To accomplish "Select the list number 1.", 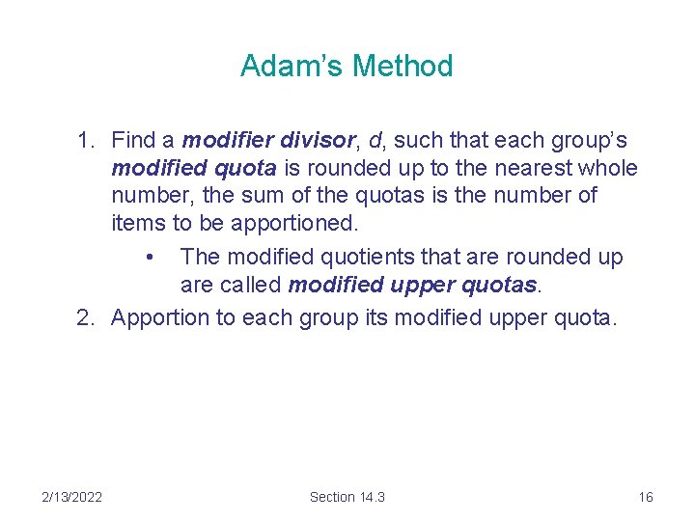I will point(85,142).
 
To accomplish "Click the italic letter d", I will point(375,142).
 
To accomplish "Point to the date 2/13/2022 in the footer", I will point(72,497).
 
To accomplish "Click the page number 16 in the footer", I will point(646,497).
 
